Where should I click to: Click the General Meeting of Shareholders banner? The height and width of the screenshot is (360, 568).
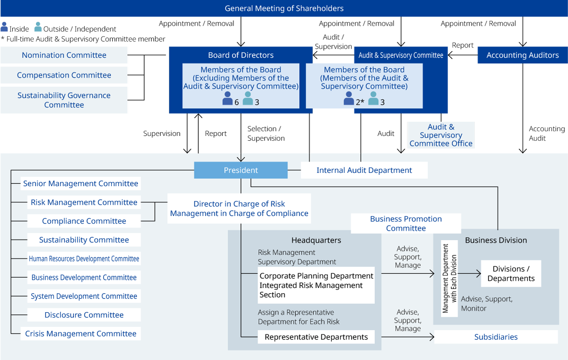tap(284, 9)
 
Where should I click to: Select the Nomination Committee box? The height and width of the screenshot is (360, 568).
tap(64, 55)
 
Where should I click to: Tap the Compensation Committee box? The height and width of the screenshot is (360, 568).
tap(64, 75)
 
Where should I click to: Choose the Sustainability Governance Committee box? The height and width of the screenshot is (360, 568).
tap(64, 100)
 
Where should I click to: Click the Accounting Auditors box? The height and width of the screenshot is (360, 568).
tap(523, 55)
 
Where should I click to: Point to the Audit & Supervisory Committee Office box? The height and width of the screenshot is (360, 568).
tap(441, 135)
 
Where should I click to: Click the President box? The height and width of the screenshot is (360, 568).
tap(240, 170)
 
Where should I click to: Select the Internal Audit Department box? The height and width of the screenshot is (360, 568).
tap(364, 170)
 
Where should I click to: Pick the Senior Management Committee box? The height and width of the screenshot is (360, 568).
tap(80, 183)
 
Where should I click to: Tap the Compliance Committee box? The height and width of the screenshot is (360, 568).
tap(84, 221)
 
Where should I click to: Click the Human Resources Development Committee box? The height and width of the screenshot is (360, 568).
tap(84, 259)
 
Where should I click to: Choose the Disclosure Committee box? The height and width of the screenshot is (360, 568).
tap(84, 315)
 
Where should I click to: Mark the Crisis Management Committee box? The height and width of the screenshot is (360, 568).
tap(80, 333)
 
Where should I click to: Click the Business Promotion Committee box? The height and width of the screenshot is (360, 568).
tap(406, 224)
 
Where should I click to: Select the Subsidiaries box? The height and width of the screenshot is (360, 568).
tap(496, 337)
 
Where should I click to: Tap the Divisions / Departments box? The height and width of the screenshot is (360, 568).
tap(511, 273)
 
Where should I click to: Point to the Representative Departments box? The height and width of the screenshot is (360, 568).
tap(316, 337)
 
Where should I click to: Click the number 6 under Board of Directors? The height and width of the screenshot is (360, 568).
tap(237, 102)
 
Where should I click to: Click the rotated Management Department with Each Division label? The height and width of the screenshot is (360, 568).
tap(449, 279)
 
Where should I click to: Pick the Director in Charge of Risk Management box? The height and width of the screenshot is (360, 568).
tap(239, 208)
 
